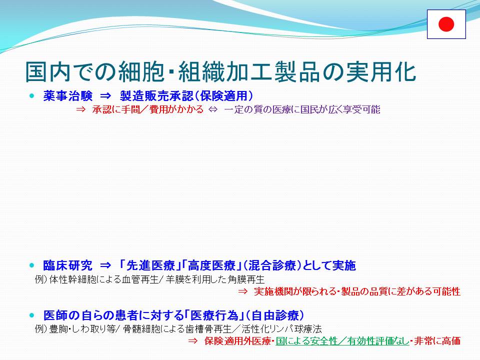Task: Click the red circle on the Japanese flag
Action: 446,24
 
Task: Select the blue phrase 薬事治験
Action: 67,96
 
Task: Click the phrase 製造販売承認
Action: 156,96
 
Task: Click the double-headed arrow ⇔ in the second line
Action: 213,109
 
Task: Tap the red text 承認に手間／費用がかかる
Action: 148,109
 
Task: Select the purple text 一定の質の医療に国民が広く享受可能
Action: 302,109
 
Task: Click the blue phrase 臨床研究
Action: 67,265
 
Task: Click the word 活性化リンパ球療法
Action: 281,329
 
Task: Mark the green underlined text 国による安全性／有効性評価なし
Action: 342,341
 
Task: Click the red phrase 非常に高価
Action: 438,341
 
